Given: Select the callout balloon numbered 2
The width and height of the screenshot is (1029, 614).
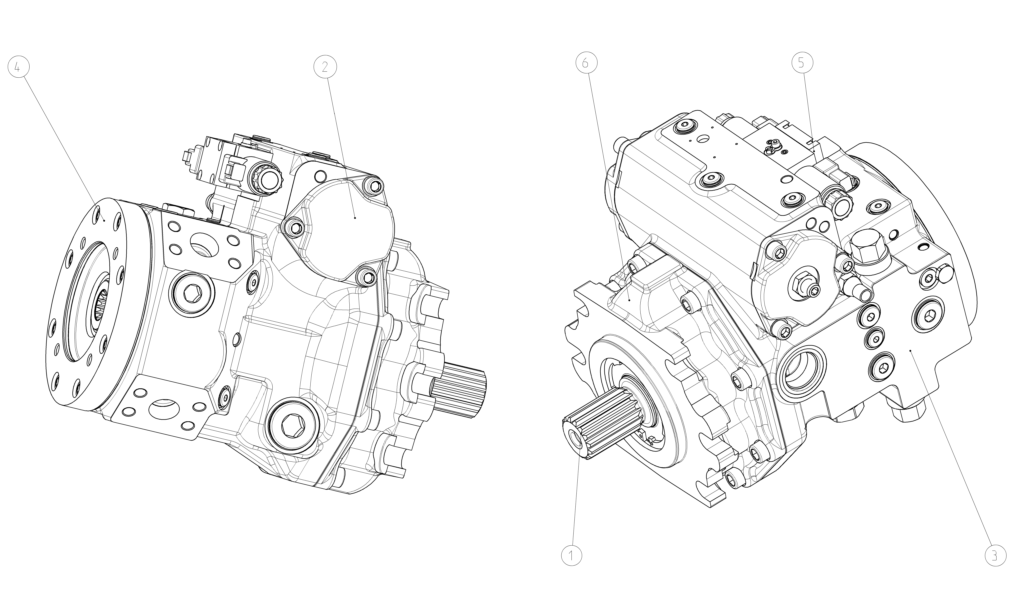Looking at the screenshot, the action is point(325,67).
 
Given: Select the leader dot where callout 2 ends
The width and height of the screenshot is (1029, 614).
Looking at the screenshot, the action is point(355,217).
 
